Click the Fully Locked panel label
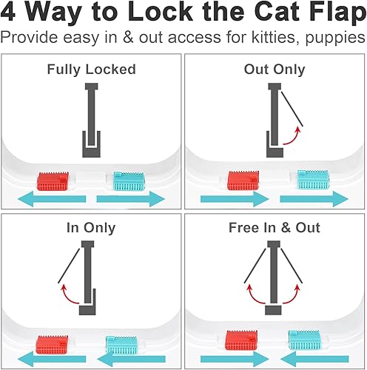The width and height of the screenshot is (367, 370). [x=91, y=70]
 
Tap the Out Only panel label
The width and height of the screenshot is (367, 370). [x=275, y=70]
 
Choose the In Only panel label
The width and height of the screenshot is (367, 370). [x=91, y=228]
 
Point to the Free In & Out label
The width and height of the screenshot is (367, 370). [x=275, y=228]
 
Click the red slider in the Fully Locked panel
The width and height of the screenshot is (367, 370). [x=54, y=180]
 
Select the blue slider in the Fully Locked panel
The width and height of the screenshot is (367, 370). [x=129, y=181]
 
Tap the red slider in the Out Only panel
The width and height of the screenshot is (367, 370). [x=243, y=179]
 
